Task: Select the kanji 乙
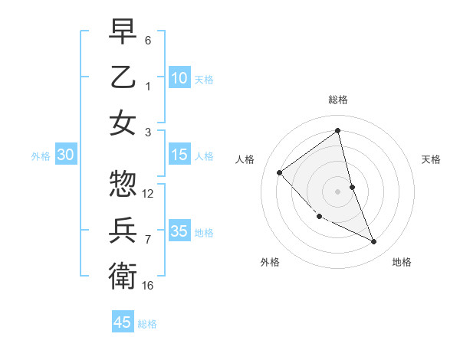(x=123, y=77)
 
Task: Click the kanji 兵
(x=123, y=229)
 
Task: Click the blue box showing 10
(x=179, y=78)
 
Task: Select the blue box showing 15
(x=179, y=155)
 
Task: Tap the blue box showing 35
(x=179, y=231)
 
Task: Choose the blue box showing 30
(x=66, y=155)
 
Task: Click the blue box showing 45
(x=123, y=322)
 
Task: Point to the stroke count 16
(x=148, y=286)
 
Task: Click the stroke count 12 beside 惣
(x=148, y=194)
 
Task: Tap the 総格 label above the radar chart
(x=337, y=100)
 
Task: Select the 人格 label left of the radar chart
(x=245, y=159)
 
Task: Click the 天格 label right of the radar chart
(x=431, y=159)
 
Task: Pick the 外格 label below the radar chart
(x=270, y=263)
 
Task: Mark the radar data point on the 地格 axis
(x=374, y=242)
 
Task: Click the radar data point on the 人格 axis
(x=280, y=172)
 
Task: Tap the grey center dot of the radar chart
(x=337, y=191)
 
